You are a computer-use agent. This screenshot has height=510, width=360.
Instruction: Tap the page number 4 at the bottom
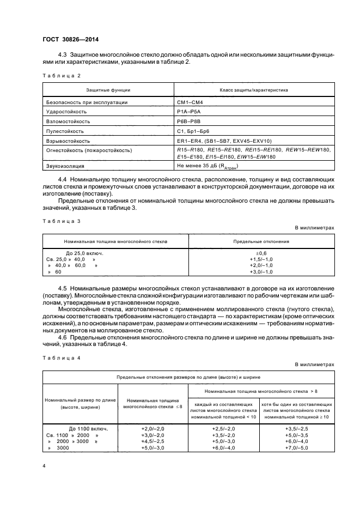(44, 466)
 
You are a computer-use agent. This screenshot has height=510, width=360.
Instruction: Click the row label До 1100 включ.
(88, 428)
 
